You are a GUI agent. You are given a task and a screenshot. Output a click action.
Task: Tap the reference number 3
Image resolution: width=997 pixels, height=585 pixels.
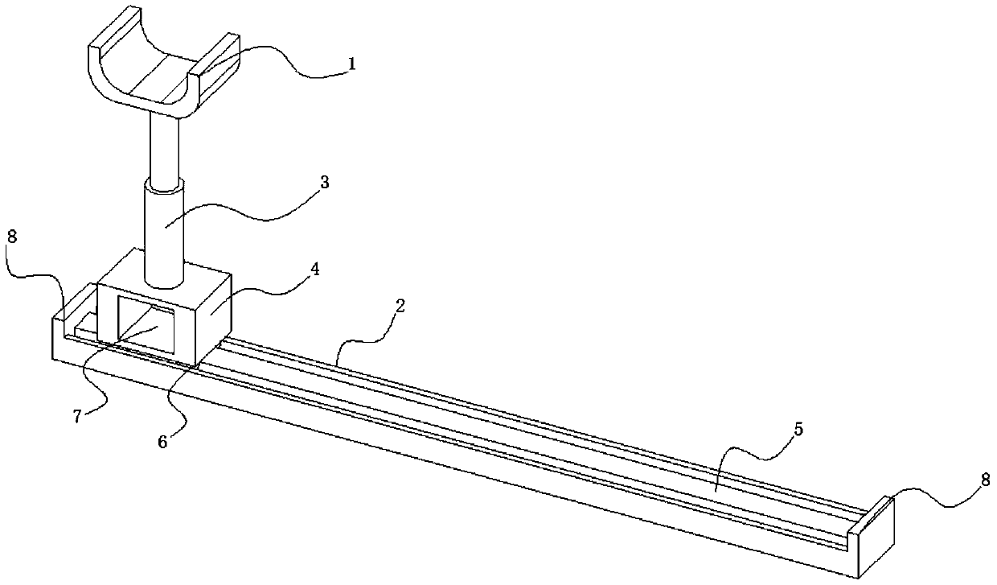(324, 183)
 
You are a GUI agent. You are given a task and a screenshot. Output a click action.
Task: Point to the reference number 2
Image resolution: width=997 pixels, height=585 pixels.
(400, 306)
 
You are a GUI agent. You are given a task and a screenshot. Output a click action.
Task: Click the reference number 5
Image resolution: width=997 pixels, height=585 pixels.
(798, 430)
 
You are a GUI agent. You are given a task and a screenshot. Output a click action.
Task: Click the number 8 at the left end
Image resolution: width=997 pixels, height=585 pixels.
(10, 239)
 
